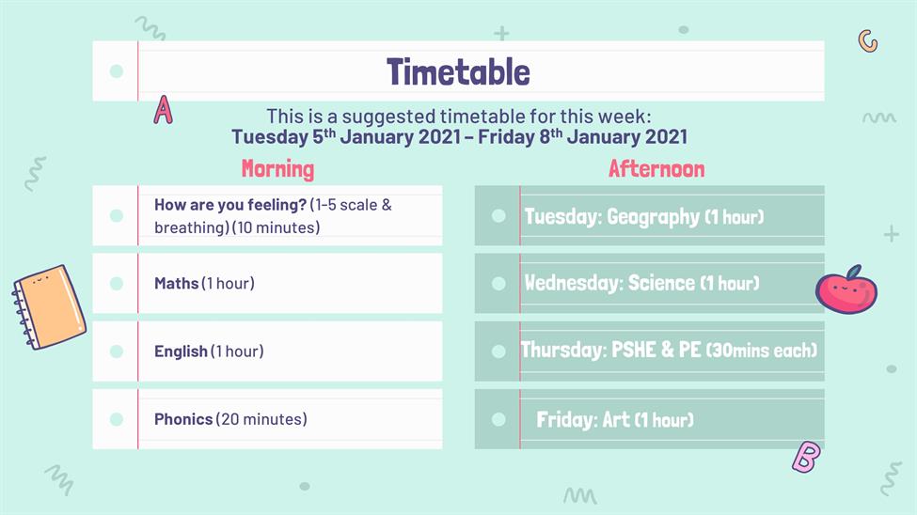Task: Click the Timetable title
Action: [x=458, y=72]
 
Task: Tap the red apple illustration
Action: [x=846, y=289]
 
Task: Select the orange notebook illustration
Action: [x=49, y=307]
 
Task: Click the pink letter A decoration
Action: [x=163, y=110]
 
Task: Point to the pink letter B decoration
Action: [x=806, y=457]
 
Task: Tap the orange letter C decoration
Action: [x=868, y=41]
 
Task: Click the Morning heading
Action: [x=277, y=169]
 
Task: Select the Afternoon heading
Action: [x=656, y=169]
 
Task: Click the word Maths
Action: [x=177, y=284]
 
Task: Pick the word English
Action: [x=181, y=351]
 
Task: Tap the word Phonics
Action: [x=183, y=419]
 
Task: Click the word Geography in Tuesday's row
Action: [x=654, y=217]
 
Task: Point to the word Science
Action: [x=661, y=283]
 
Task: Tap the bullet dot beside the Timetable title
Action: [x=117, y=71]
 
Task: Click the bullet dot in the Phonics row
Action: [x=117, y=419]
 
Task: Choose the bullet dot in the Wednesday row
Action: [x=498, y=284]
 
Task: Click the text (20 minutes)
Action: [x=261, y=419]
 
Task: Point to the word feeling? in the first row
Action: [x=277, y=205]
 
